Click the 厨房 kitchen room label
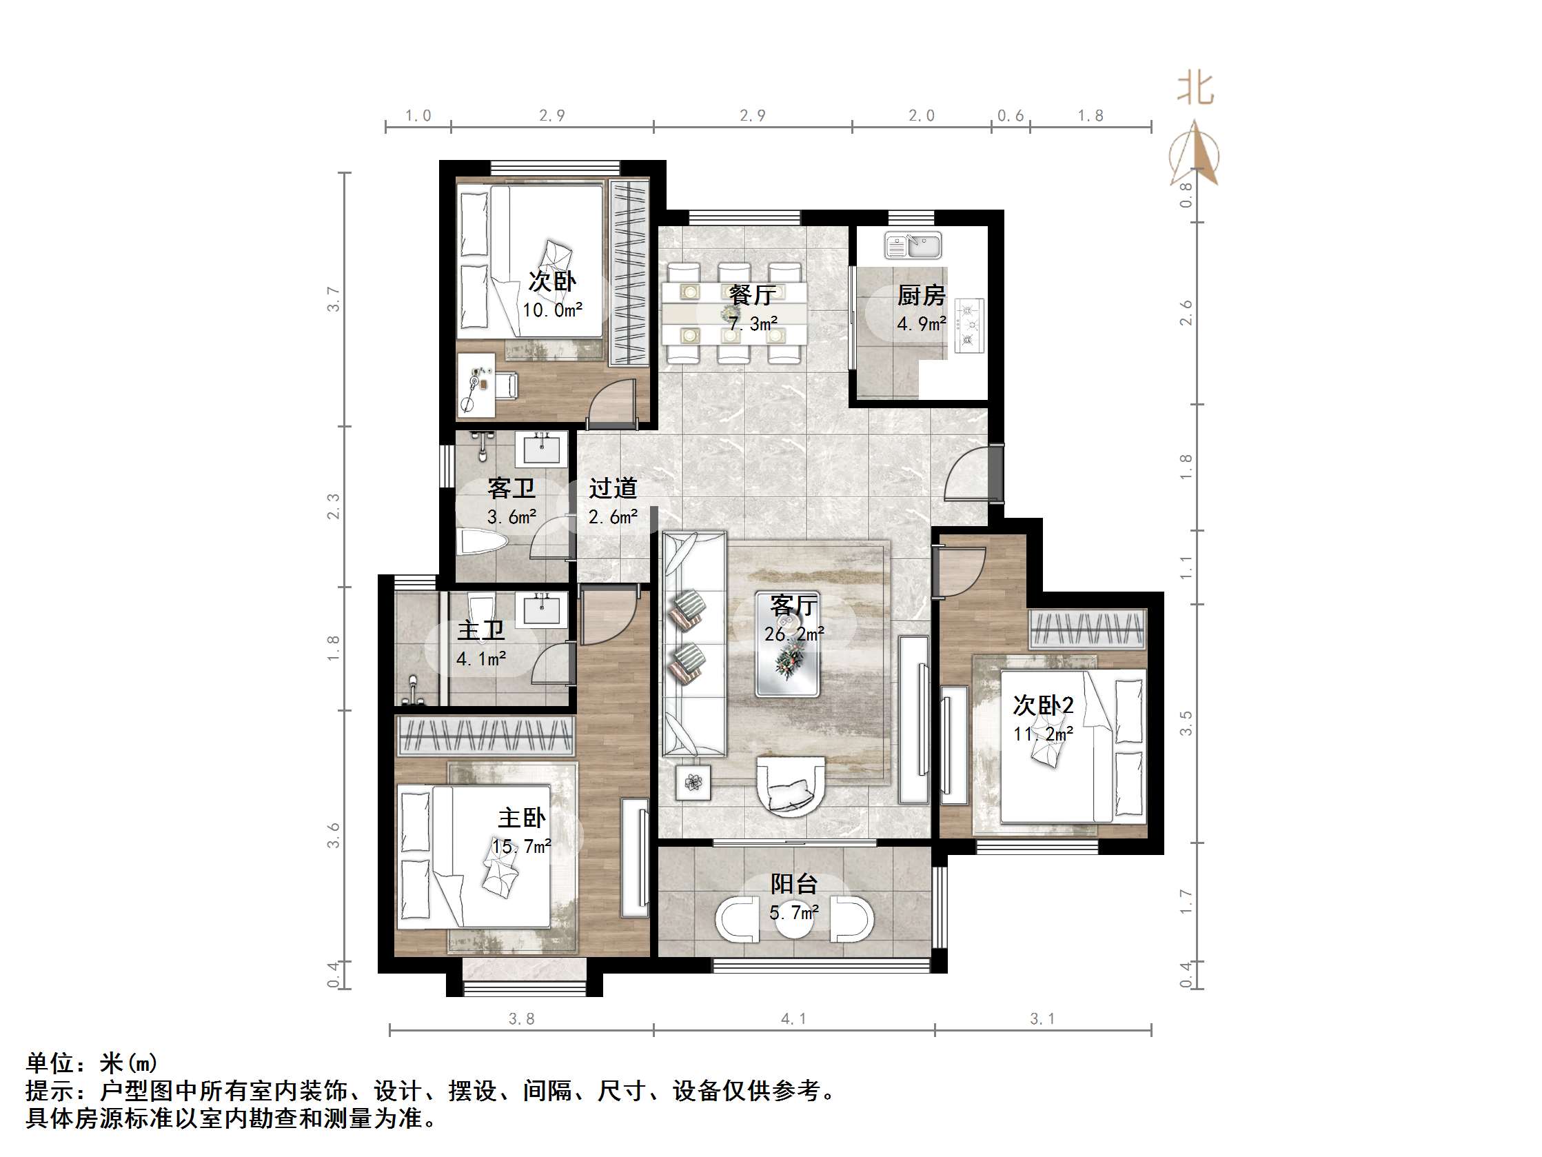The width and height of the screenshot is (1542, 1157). tap(921, 296)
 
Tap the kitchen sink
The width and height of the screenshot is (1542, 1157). tap(913, 245)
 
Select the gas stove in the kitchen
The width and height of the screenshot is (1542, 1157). tap(968, 325)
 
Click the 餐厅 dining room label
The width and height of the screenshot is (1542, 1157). tap(751, 295)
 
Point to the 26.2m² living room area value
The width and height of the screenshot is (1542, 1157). tap(794, 634)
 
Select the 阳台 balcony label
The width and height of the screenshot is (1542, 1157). tap(793, 885)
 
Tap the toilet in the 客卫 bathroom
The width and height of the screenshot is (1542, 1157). tap(483, 543)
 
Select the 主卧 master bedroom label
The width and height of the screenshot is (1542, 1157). tap(520, 817)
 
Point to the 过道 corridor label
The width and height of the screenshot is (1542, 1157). tap(613, 488)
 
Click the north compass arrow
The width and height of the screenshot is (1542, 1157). tap(1196, 154)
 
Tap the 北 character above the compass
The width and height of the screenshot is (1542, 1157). tap(1196, 89)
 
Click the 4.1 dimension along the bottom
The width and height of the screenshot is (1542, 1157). tap(793, 1019)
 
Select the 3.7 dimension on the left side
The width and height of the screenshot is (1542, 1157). tap(334, 299)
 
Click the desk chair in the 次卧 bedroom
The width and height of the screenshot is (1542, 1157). tap(505, 384)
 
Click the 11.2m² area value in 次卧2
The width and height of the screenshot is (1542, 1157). tap(1043, 734)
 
